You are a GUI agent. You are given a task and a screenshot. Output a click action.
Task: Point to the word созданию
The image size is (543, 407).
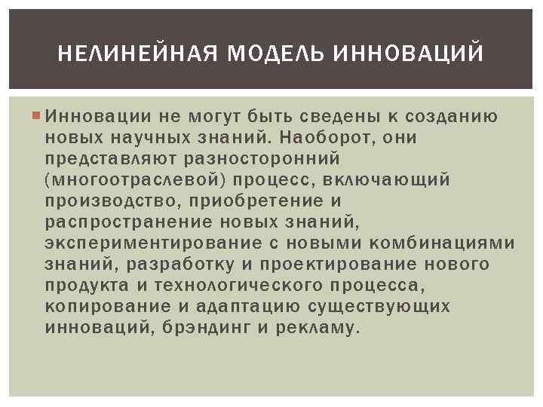(452, 117)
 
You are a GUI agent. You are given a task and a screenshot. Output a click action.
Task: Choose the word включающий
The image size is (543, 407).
(387, 180)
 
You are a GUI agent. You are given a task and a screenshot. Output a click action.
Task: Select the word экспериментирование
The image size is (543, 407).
(151, 243)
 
